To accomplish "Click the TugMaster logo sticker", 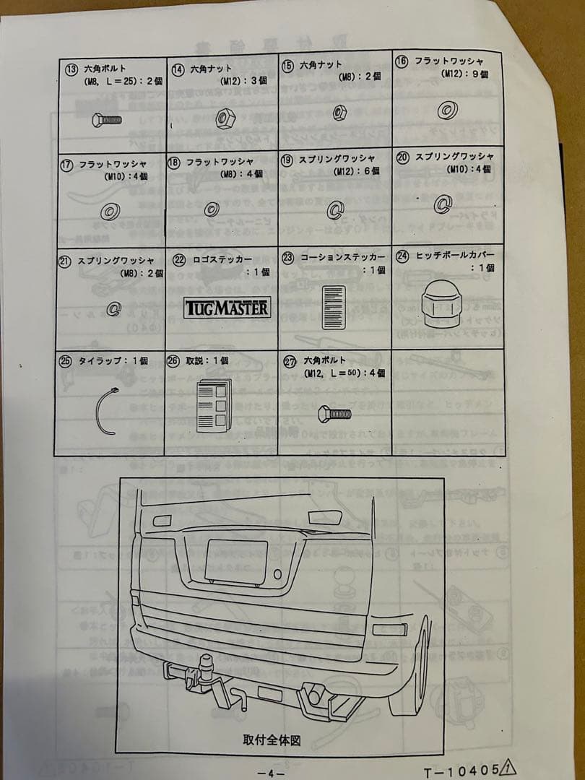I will [228, 308].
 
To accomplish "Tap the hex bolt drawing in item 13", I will [106, 120].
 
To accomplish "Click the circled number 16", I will [402, 62].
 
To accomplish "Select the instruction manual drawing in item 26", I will [214, 405].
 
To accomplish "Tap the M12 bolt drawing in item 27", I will [334, 413].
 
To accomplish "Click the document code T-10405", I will [460, 771].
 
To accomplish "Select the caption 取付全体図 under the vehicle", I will [271, 740].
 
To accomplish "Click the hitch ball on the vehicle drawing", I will [208, 662].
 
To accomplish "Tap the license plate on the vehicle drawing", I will [236, 560].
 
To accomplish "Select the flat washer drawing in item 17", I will [110, 212].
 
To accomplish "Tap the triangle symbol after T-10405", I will [508, 768].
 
